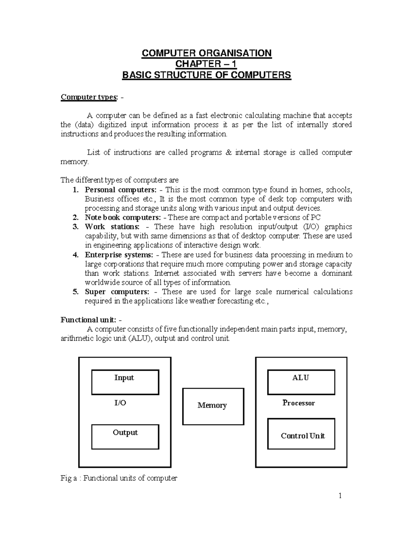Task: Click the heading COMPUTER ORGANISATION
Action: pyautogui.click(x=206, y=53)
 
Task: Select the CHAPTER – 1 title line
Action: pyautogui.click(x=206, y=64)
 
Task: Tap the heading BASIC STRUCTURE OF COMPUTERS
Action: pyautogui.click(x=206, y=75)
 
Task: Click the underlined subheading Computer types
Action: pyautogui.click(x=89, y=97)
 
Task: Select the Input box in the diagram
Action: pyautogui.click(x=125, y=382)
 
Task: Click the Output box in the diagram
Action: pyautogui.click(x=125, y=437)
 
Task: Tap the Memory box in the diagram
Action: pyautogui.click(x=213, y=406)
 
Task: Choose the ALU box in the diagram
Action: pyautogui.click(x=301, y=382)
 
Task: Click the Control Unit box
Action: pyautogui.click(x=301, y=434)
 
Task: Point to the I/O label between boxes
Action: pyautogui.click(x=120, y=403)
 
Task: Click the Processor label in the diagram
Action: pyautogui.click(x=298, y=403)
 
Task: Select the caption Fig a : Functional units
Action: pyautogui.click(x=119, y=478)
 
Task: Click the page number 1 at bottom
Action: pyautogui.click(x=340, y=495)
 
